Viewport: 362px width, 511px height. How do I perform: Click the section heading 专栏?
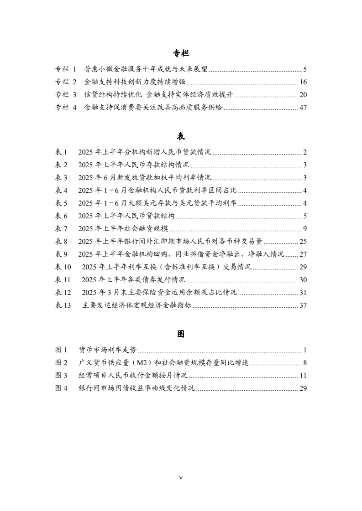pos(181,54)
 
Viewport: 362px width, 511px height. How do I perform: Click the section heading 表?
pos(181,136)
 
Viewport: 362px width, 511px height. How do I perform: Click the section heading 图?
pos(181,334)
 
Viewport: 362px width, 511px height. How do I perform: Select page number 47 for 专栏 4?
pos(303,108)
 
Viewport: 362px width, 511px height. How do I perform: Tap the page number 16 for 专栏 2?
pos(303,82)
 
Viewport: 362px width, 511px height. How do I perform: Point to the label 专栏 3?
pos(66,95)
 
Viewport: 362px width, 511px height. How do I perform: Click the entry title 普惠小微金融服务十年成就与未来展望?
pos(146,69)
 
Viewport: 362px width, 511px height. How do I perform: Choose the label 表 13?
pos(63,305)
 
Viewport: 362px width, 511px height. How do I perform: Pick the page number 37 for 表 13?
pos(303,305)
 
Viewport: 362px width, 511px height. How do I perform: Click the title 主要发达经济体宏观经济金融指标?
pos(136,305)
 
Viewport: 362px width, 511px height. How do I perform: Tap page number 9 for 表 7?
pos(305,229)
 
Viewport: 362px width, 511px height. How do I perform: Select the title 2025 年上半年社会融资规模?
pos(123,229)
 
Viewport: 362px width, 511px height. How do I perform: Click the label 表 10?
pos(63,267)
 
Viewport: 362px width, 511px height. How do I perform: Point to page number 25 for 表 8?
pos(303,242)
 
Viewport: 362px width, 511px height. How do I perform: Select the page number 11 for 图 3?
pos(303,376)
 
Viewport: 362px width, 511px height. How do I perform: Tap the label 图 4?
pos(61,388)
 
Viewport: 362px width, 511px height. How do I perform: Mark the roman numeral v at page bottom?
pos(181,478)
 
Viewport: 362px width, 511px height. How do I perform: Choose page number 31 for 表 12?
pos(303,293)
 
